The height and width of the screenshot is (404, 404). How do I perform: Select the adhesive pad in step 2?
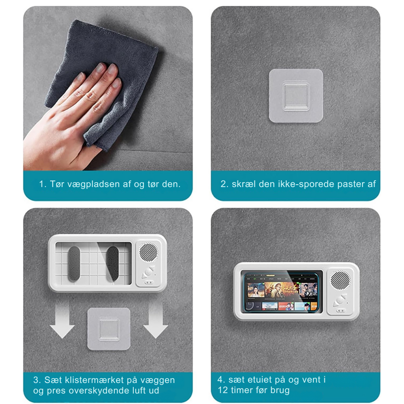(x=296, y=96)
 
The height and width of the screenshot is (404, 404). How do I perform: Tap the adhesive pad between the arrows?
(x=109, y=329)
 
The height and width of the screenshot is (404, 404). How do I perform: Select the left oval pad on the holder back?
(x=74, y=264)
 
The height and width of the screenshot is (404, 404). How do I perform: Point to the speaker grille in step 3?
(x=148, y=252)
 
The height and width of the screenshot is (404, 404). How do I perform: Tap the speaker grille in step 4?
(x=339, y=280)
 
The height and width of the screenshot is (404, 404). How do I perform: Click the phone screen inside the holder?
(x=282, y=291)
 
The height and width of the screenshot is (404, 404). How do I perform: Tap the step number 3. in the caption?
(x=37, y=380)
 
